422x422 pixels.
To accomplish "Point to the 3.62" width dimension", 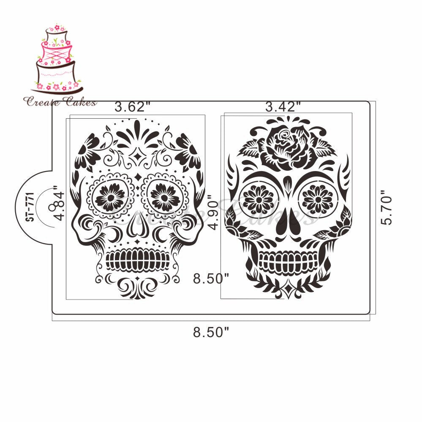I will pos(131,107).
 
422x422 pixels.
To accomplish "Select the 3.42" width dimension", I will pos(283,107).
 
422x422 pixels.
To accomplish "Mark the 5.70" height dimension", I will pos(387,209).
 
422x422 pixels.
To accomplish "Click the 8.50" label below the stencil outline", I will pos(211,332).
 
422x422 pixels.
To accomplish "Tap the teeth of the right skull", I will pos(288,261).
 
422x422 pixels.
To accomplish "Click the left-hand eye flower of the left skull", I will pos(110,197).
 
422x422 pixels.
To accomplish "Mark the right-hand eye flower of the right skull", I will pos(317,199).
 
